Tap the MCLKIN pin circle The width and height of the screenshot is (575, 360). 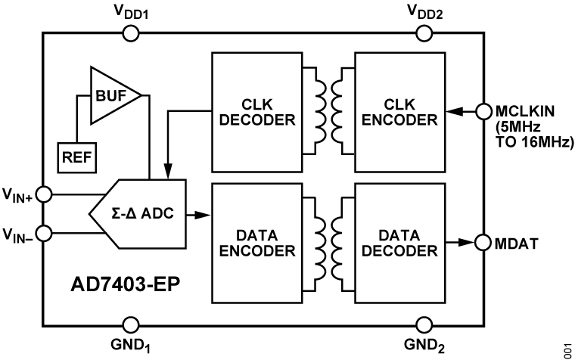coord(483,111)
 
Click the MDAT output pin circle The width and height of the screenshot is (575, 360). coord(483,242)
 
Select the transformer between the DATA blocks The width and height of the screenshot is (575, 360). coord(328,241)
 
